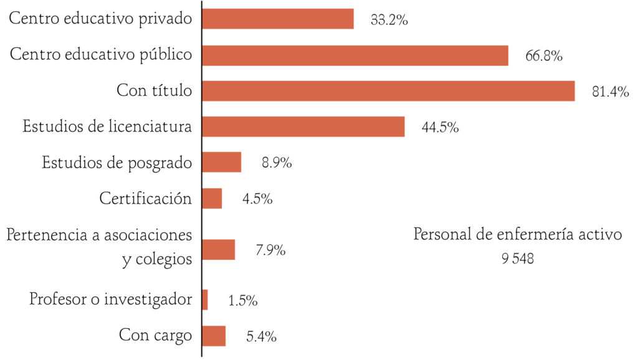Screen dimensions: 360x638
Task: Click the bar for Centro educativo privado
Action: pyautogui.click(x=278, y=19)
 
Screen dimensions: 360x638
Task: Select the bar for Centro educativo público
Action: pyautogui.click(x=355, y=55)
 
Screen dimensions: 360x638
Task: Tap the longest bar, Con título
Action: pyautogui.click(x=388, y=91)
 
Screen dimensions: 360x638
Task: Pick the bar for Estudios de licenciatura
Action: pyautogui.click(x=303, y=126)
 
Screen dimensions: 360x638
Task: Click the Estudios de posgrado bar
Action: pyautogui.click(x=222, y=163)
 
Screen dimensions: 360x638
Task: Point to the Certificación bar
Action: pyautogui.click(x=212, y=199)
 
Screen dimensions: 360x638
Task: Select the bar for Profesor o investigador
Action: pyautogui.click(x=205, y=300)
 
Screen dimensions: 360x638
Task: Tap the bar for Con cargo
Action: pyautogui.click(x=214, y=336)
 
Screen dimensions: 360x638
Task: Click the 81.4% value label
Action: pyautogui.click(x=610, y=92)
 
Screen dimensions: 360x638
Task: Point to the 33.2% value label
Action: pyautogui.click(x=389, y=20)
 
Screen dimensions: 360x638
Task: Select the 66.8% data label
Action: pyautogui.click(x=544, y=56)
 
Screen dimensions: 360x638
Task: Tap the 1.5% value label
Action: pyautogui.click(x=243, y=300)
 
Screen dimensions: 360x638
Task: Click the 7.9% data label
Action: pyautogui.click(x=270, y=250)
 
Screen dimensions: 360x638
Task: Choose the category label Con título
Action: pyautogui.click(x=155, y=91)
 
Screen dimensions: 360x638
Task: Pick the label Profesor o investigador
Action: pyautogui.click(x=111, y=299)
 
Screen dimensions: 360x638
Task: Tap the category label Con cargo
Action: pyautogui.click(x=156, y=335)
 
